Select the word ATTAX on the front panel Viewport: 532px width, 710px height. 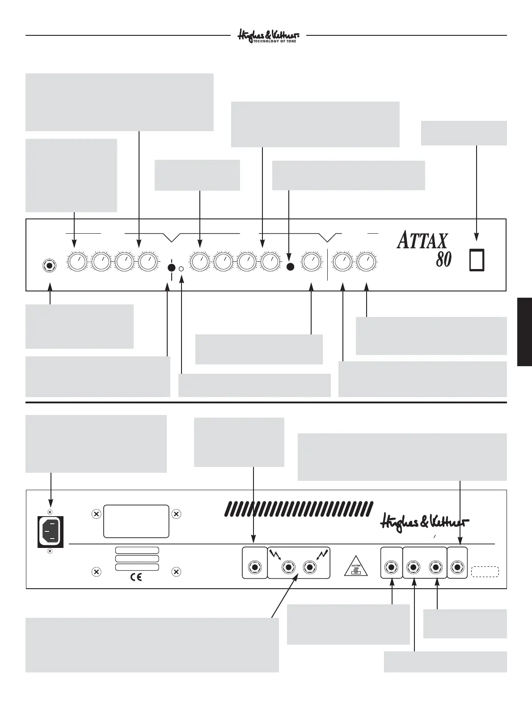point(422,241)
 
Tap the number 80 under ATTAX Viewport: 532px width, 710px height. point(443,259)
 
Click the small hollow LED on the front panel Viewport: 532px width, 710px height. point(182,269)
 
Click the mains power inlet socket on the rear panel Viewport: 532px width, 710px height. point(51,531)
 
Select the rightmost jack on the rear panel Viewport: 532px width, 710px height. point(457,568)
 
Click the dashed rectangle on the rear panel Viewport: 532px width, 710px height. point(485,571)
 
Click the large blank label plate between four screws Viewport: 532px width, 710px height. point(136,521)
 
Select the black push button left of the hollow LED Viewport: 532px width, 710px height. point(171,268)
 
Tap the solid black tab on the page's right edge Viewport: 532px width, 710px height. point(524,332)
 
